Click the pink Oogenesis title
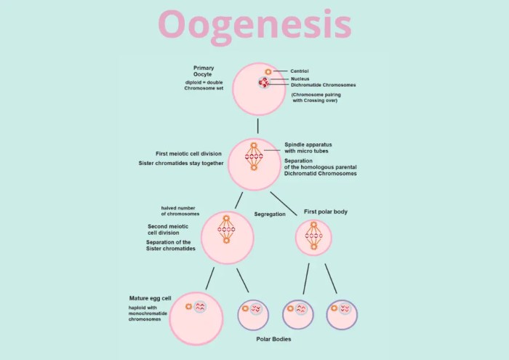pos(254,24)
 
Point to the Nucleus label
pos(300,79)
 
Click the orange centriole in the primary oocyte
pos(268,71)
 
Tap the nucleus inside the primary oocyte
pos(263,84)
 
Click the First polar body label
pos(324,212)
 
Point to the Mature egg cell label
pos(150,298)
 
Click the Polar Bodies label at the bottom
pos(274,339)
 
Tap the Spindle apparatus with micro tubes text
pos(309,148)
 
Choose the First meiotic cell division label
pos(189,153)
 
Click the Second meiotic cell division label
pos(169,230)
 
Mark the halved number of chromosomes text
pos(180,211)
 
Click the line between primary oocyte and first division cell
pos(257,127)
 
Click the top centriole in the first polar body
pos(313,225)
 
